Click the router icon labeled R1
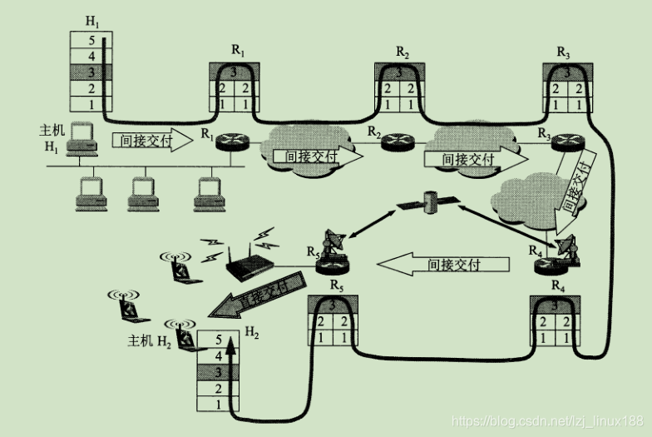(226, 141)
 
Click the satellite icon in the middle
(429, 203)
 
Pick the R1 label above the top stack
(238, 51)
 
